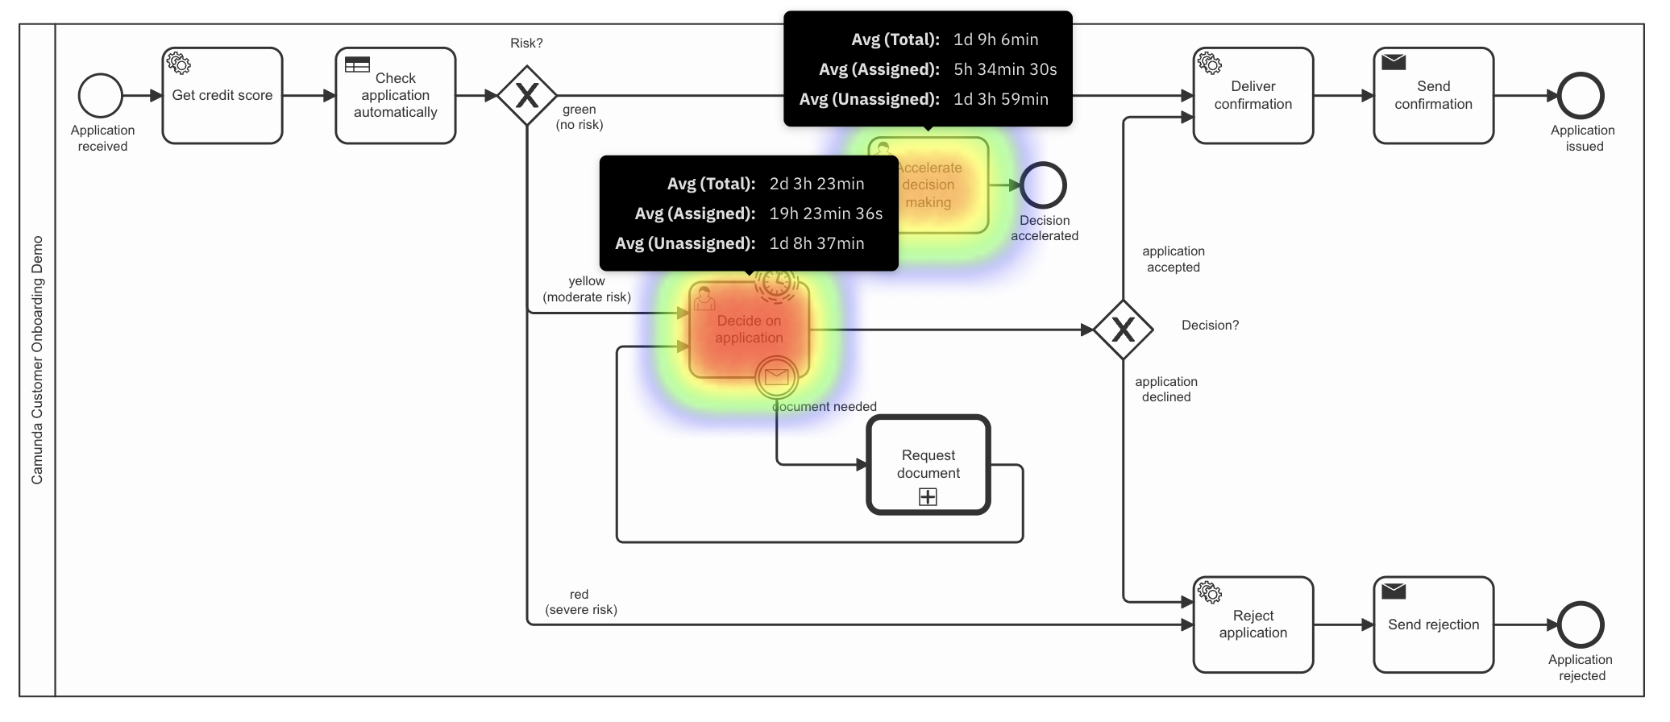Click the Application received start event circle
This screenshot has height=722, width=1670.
(101, 96)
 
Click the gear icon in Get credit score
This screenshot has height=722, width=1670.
(178, 64)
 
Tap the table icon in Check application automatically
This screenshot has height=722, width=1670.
(357, 64)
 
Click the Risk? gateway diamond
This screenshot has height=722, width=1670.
(526, 96)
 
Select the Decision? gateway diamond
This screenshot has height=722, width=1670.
(1123, 330)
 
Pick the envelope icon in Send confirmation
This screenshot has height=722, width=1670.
(1394, 62)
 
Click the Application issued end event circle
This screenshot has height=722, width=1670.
(1581, 96)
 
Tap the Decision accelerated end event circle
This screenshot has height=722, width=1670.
(1043, 185)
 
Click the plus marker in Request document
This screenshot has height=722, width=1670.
(928, 497)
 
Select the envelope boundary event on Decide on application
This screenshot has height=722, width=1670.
(776, 376)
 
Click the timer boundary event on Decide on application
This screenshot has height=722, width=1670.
(776, 281)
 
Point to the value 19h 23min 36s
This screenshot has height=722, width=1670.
(825, 214)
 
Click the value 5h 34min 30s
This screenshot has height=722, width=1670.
(1005, 69)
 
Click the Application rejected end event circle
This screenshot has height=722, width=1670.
(1581, 624)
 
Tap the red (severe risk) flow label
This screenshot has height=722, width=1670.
(580, 602)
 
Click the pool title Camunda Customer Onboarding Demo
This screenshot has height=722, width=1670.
(37, 360)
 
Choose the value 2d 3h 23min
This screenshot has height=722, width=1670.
(816, 184)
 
